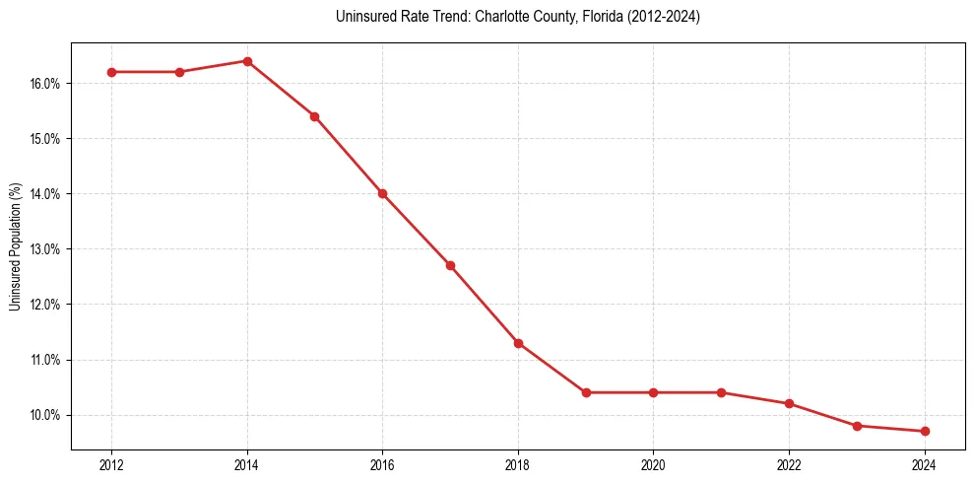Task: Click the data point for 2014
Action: click(247, 61)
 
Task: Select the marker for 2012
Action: click(111, 72)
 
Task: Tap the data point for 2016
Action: click(382, 193)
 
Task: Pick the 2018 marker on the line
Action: click(518, 343)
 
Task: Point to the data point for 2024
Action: click(925, 431)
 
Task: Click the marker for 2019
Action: click(586, 392)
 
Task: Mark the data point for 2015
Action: click(315, 116)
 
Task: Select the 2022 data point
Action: click(789, 403)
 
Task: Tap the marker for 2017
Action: click(450, 265)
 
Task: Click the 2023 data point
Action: click(857, 426)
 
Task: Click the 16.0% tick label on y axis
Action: click(45, 84)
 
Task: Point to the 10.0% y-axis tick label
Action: click(45, 415)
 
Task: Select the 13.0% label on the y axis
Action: click(45, 249)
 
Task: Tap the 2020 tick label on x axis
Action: click(654, 464)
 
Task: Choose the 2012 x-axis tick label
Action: click(111, 464)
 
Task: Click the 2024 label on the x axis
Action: click(925, 464)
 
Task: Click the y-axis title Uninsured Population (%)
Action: click(15, 246)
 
